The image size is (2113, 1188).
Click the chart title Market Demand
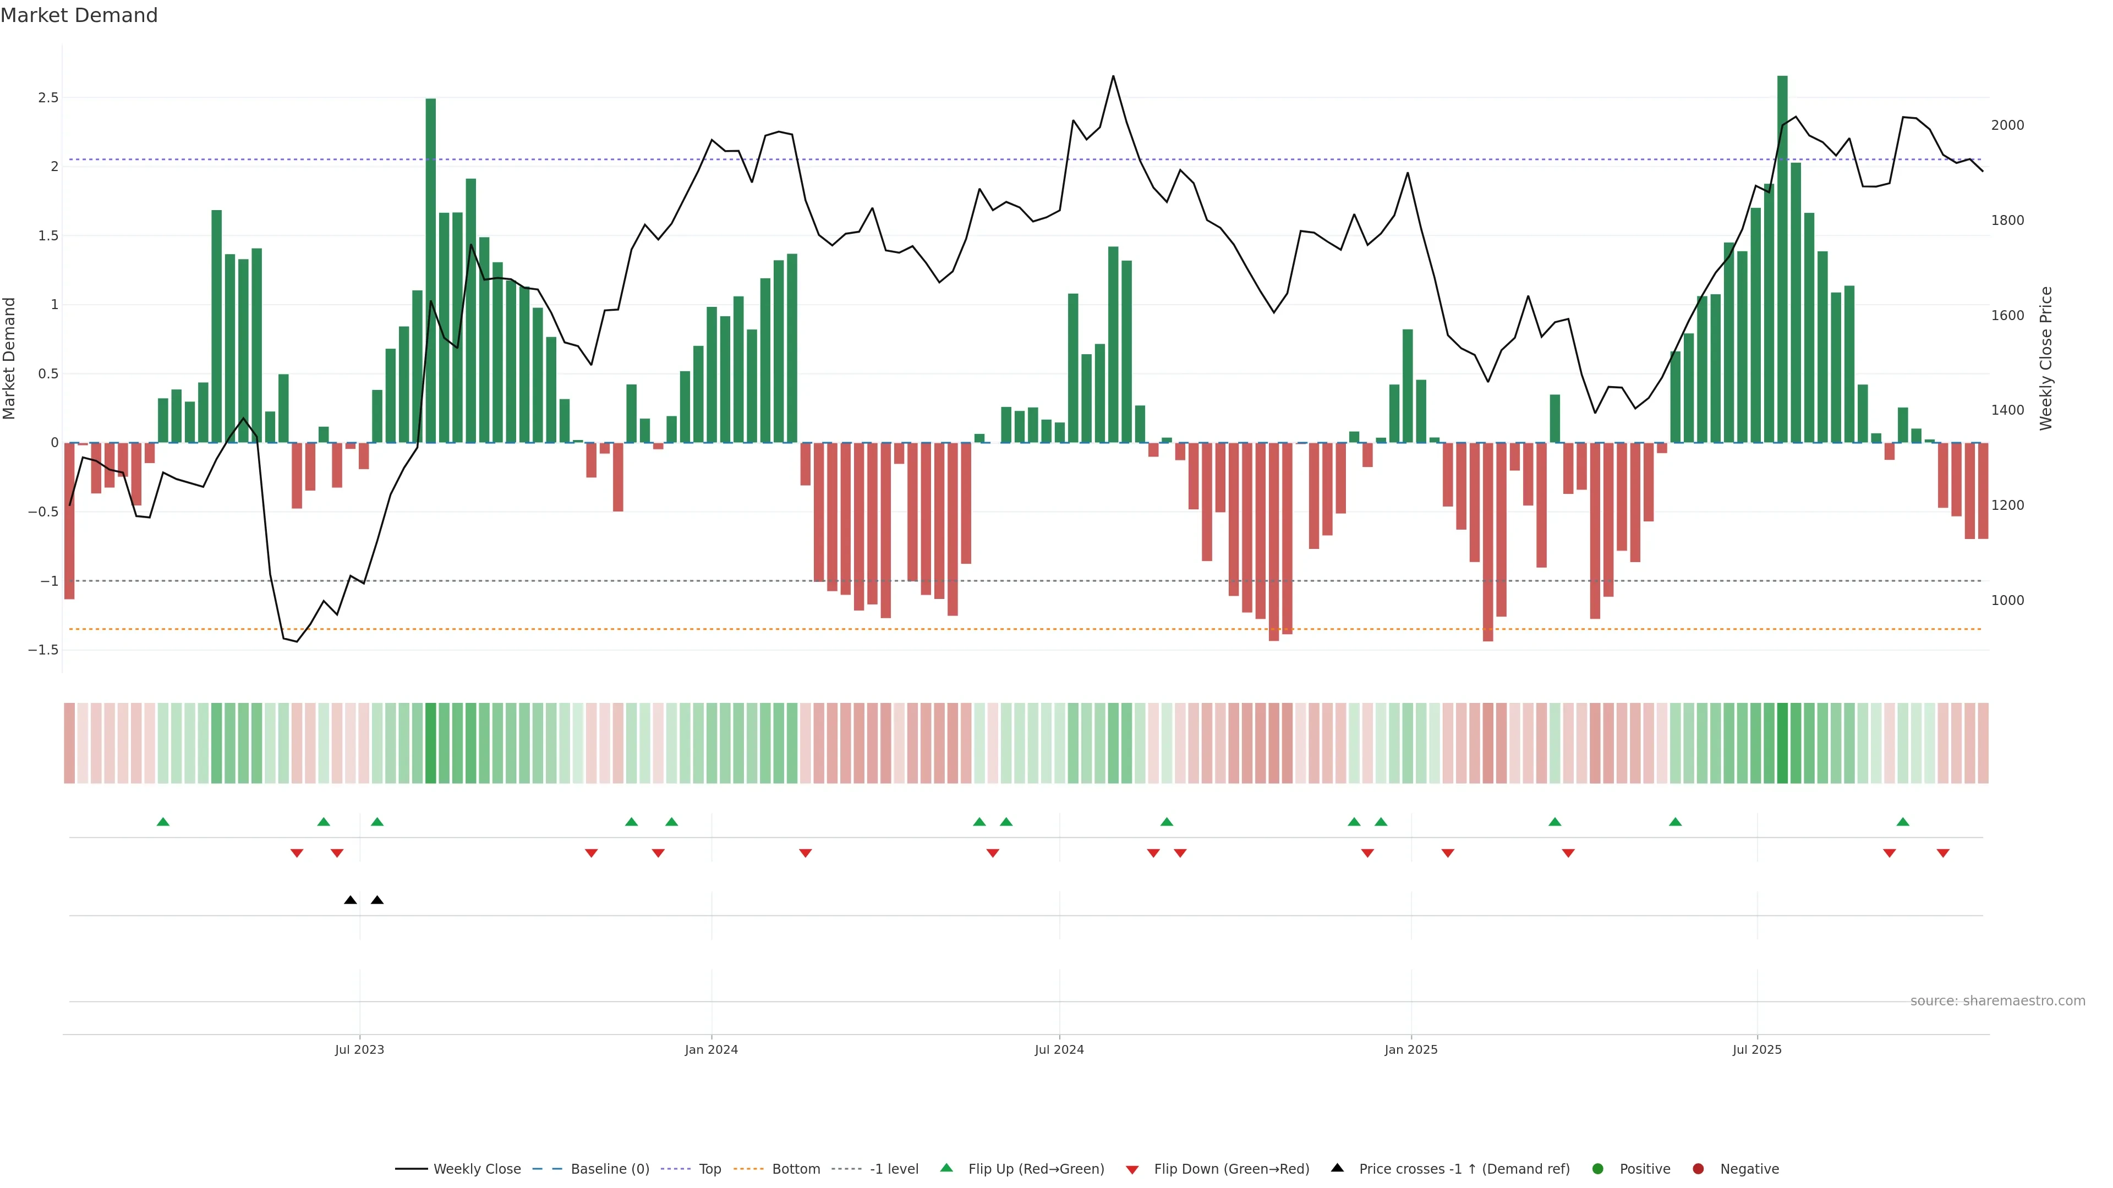(x=79, y=15)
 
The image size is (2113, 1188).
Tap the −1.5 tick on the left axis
(x=43, y=650)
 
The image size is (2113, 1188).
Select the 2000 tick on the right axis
(x=2007, y=125)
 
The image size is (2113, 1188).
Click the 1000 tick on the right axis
(x=2007, y=600)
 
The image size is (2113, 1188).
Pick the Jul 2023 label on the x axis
(x=359, y=1049)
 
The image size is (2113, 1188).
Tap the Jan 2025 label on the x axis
(x=1411, y=1049)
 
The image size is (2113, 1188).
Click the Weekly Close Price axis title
(x=2046, y=358)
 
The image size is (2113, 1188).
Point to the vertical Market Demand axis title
(x=10, y=358)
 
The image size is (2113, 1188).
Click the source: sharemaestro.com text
(x=1997, y=1001)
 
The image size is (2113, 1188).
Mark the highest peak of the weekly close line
(x=1113, y=76)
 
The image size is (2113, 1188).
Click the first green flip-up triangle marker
(x=163, y=822)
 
